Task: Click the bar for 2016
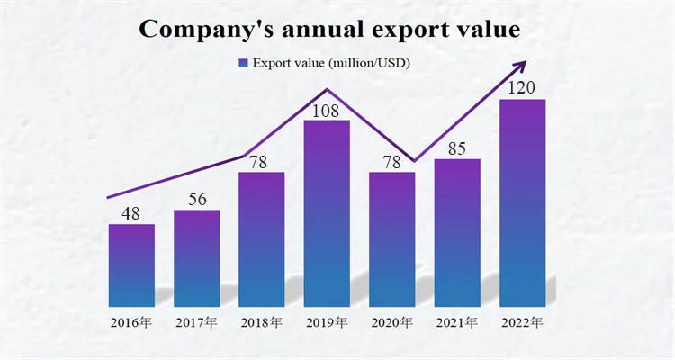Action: pos(131,265)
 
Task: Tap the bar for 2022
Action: pos(522,202)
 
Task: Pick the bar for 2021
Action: pos(457,233)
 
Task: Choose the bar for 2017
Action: pos(196,258)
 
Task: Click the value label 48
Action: pos(131,213)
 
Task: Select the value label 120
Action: pos(522,88)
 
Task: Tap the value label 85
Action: pos(457,148)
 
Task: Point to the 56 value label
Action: pos(196,199)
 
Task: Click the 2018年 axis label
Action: pos(262,321)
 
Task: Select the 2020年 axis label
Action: pos(392,321)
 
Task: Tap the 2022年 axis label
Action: pos(522,321)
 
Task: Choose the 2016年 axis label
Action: pos(131,321)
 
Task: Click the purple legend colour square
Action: pos(243,63)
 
